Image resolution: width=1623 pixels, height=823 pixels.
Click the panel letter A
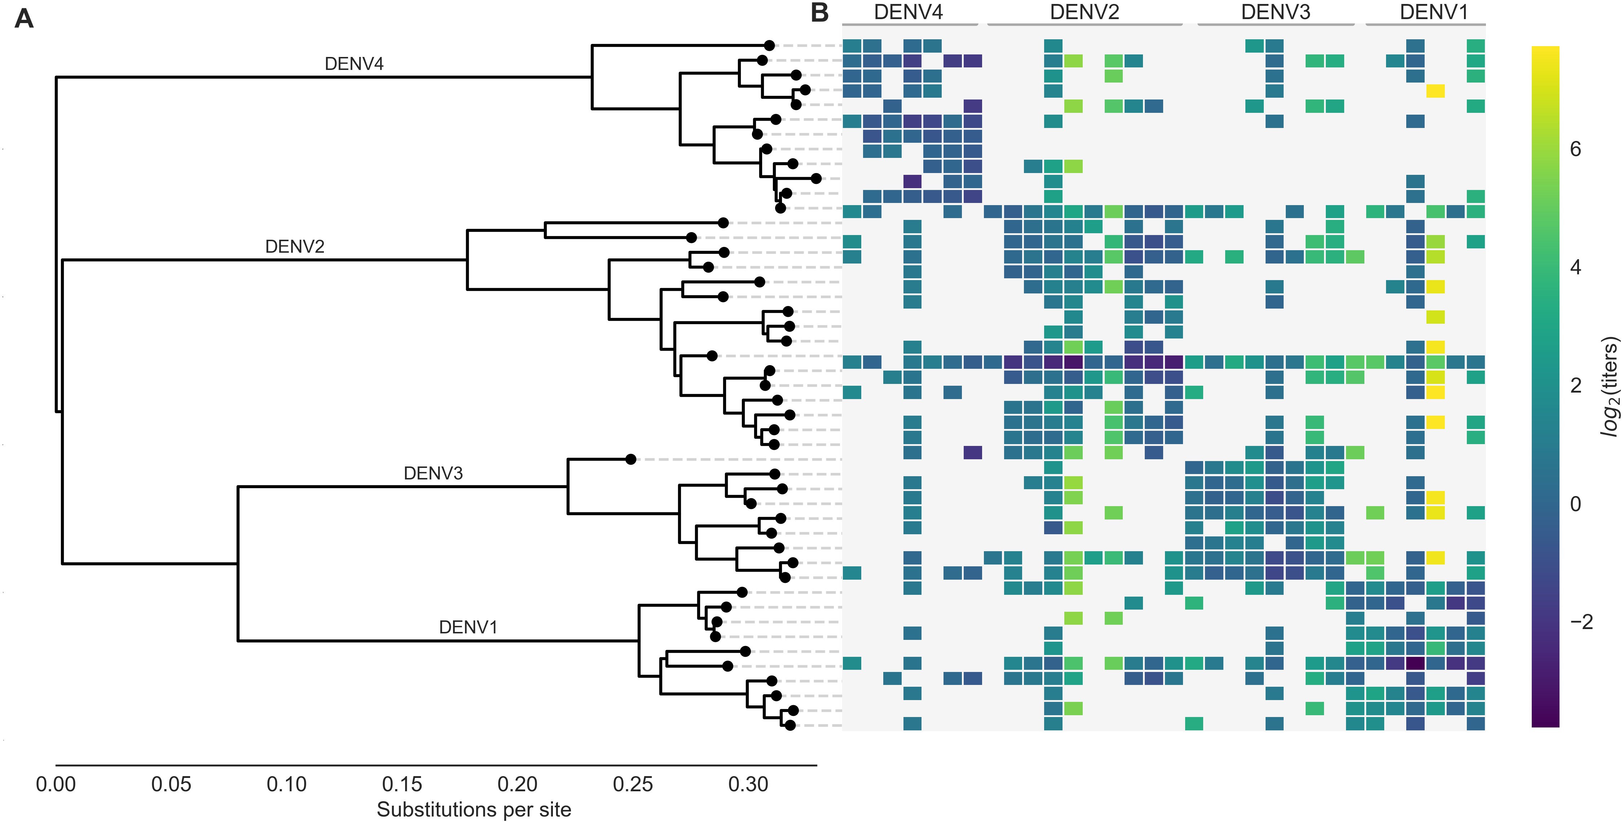click(24, 19)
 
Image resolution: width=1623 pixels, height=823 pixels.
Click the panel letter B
click(819, 13)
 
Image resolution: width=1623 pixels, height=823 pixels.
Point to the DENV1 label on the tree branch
click(468, 627)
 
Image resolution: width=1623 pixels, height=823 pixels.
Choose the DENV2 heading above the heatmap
click(1084, 12)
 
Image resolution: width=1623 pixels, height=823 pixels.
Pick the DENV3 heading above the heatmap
click(1275, 12)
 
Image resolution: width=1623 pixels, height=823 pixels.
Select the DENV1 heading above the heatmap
click(1433, 12)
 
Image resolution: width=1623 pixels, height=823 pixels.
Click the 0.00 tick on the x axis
click(56, 784)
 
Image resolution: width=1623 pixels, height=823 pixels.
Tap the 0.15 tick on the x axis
click(402, 784)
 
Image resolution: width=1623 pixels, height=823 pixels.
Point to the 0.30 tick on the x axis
click(748, 784)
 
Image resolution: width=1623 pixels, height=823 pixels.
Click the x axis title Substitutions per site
click(474, 809)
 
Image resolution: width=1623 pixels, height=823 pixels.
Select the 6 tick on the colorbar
click(1575, 149)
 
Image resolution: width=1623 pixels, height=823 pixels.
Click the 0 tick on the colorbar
click(1575, 504)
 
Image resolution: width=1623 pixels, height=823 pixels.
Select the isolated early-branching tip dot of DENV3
click(631, 459)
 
